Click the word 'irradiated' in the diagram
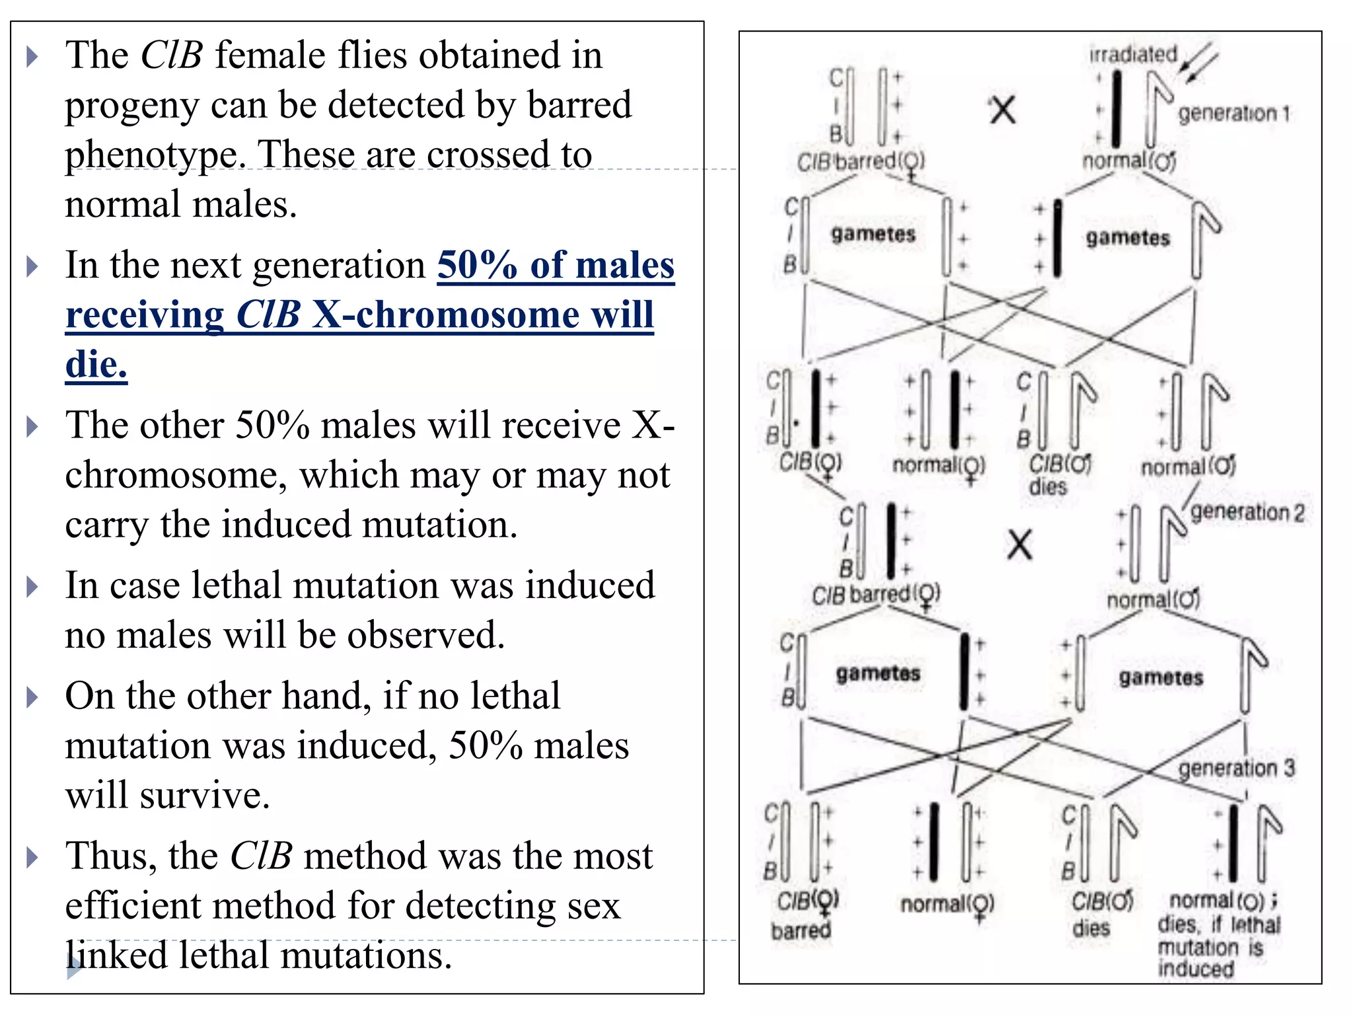click(1133, 55)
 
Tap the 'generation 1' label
click(1233, 114)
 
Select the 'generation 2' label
click(1247, 512)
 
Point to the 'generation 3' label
click(1237, 768)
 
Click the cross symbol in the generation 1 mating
click(1002, 110)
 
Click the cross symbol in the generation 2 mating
click(1019, 546)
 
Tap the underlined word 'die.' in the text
click(96, 364)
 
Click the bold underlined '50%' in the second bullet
click(477, 265)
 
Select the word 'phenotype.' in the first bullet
click(155, 155)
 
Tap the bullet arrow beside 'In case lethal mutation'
click(32, 586)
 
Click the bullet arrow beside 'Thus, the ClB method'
click(32, 857)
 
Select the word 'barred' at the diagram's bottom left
click(800, 930)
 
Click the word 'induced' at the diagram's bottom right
click(1196, 969)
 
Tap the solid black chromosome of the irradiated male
click(1116, 109)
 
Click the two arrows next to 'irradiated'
click(1198, 61)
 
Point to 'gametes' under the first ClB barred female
click(873, 234)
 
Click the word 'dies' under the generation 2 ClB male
click(1048, 487)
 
